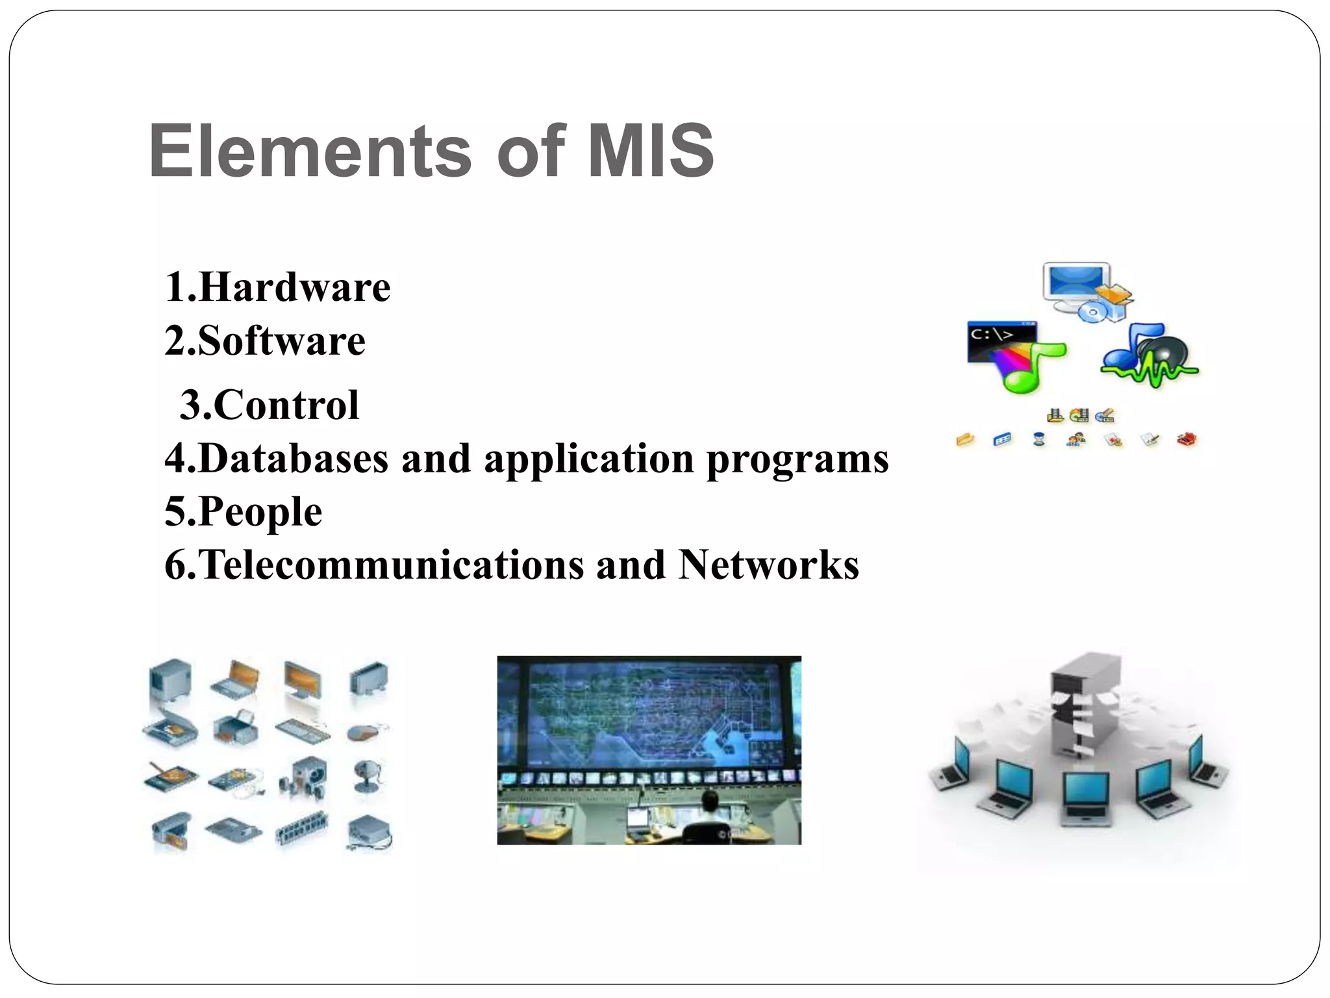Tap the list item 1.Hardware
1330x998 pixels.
pos(277,287)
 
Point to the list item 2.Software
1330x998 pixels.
pos(265,340)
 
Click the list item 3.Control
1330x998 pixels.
pos(269,405)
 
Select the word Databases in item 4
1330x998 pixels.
pos(293,458)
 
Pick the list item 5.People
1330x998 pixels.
pos(244,511)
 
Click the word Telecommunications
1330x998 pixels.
pos(391,564)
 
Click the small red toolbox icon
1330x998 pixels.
pos(1186,440)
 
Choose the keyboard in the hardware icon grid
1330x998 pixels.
pos(301,730)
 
